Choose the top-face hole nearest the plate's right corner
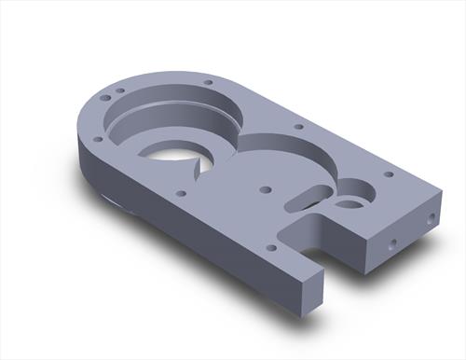[389, 173]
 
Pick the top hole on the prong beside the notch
[270, 247]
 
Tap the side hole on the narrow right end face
[432, 218]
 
